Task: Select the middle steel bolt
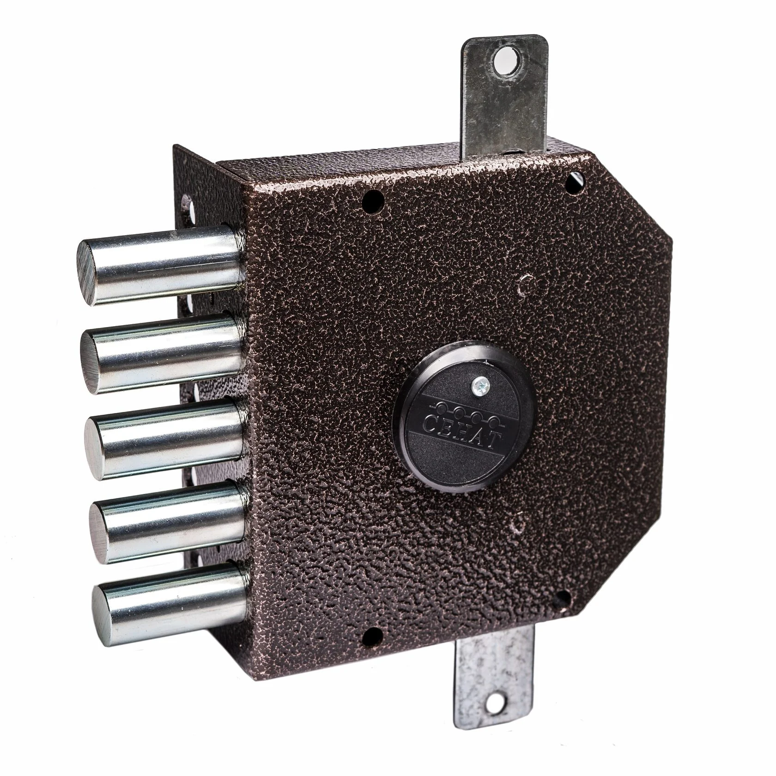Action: click(x=164, y=436)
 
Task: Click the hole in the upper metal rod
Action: click(x=506, y=61)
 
